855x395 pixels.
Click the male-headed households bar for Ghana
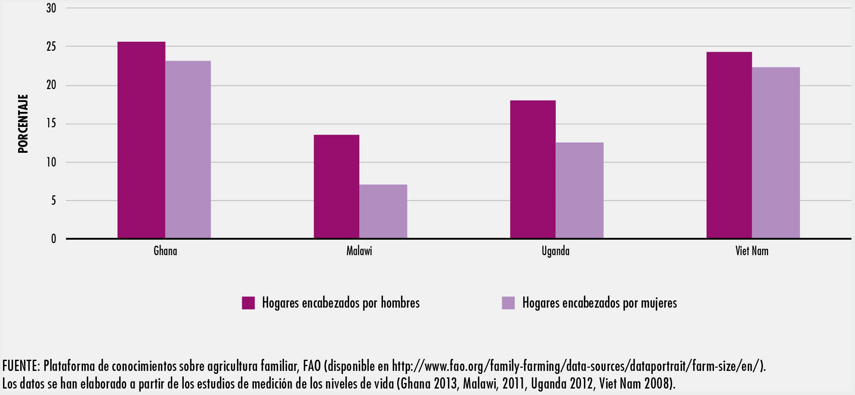click(x=141, y=140)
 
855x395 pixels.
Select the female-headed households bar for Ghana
click(x=188, y=149)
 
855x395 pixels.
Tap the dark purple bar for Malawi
click(x=336, y=186)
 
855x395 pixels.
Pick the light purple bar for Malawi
click(x=383, y=211)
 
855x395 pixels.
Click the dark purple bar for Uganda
click(x=533, y=169)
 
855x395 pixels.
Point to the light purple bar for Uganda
click(x=579, y=190)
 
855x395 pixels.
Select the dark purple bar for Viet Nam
click(x=729, y=145)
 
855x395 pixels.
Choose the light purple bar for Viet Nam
click(x=775, y=152)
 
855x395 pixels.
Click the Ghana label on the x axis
click(x=165, y=251)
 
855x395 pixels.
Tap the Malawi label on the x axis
click(x=359, y=251)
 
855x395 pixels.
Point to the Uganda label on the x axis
click(x=556, y=251)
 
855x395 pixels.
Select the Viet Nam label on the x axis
click(x=752, y=251)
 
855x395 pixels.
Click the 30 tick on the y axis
click(x=51, y=8)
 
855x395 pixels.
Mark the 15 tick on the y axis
click(x=51, y=123)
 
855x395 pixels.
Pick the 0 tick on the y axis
click(x=53, y=239)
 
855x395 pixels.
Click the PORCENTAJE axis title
click(x=23, y=123)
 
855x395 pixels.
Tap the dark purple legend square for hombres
click(x=248, y=303)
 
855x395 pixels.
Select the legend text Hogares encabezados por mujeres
click(x=599, y=303)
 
